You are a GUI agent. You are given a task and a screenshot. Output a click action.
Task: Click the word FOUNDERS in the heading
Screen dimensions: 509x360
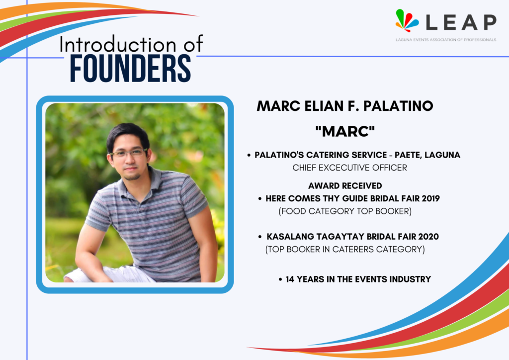130,68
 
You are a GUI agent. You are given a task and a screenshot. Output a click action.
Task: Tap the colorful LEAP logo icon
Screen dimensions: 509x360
407,20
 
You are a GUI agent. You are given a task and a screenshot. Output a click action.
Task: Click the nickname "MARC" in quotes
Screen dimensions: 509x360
345,131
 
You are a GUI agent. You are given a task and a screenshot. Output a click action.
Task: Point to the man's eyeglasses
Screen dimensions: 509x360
128,153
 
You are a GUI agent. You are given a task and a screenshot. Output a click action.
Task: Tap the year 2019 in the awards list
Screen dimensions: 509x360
430,198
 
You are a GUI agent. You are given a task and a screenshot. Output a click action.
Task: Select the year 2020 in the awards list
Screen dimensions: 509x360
428,236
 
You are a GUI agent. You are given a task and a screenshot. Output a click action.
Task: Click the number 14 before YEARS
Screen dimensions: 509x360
290,279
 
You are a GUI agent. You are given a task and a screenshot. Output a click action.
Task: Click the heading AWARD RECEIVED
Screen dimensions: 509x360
345,185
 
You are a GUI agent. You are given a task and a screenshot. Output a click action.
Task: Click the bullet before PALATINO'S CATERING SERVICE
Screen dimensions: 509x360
249,155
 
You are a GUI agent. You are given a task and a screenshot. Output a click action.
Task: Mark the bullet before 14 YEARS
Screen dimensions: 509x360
280,279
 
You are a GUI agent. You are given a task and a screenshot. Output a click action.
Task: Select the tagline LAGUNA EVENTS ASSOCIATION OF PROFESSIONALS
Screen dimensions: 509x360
446,40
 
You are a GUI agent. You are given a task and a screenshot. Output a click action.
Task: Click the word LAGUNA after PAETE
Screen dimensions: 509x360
442,155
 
